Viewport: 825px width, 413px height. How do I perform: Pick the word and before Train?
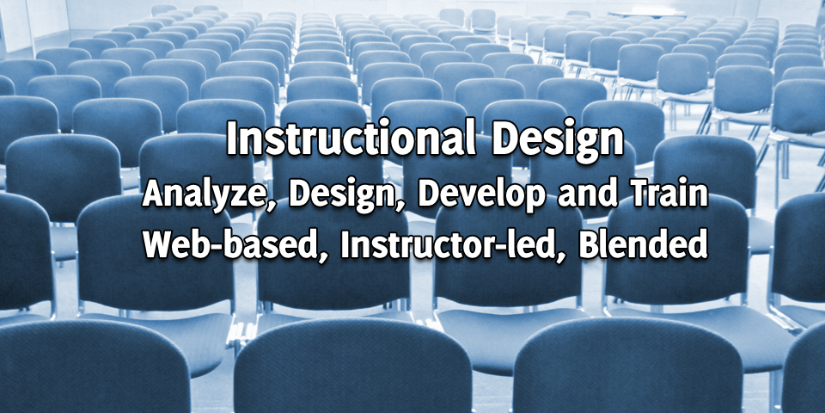[x=584, y=194]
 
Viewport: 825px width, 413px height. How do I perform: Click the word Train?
[x=665, y=194]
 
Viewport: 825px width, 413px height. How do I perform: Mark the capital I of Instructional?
[x=233, y=139]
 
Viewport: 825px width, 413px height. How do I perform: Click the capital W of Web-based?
[x=161, y=245]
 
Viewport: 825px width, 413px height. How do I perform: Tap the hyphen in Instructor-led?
[x=507, y=248]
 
